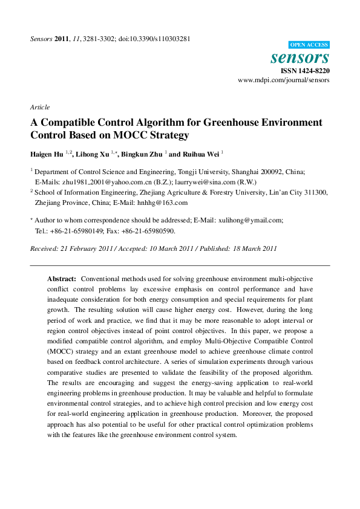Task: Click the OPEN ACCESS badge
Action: [309, 45]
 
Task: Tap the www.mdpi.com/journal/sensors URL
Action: [284, 80]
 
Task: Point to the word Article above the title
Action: [39, 107]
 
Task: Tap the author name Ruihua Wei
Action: [200, 154]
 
